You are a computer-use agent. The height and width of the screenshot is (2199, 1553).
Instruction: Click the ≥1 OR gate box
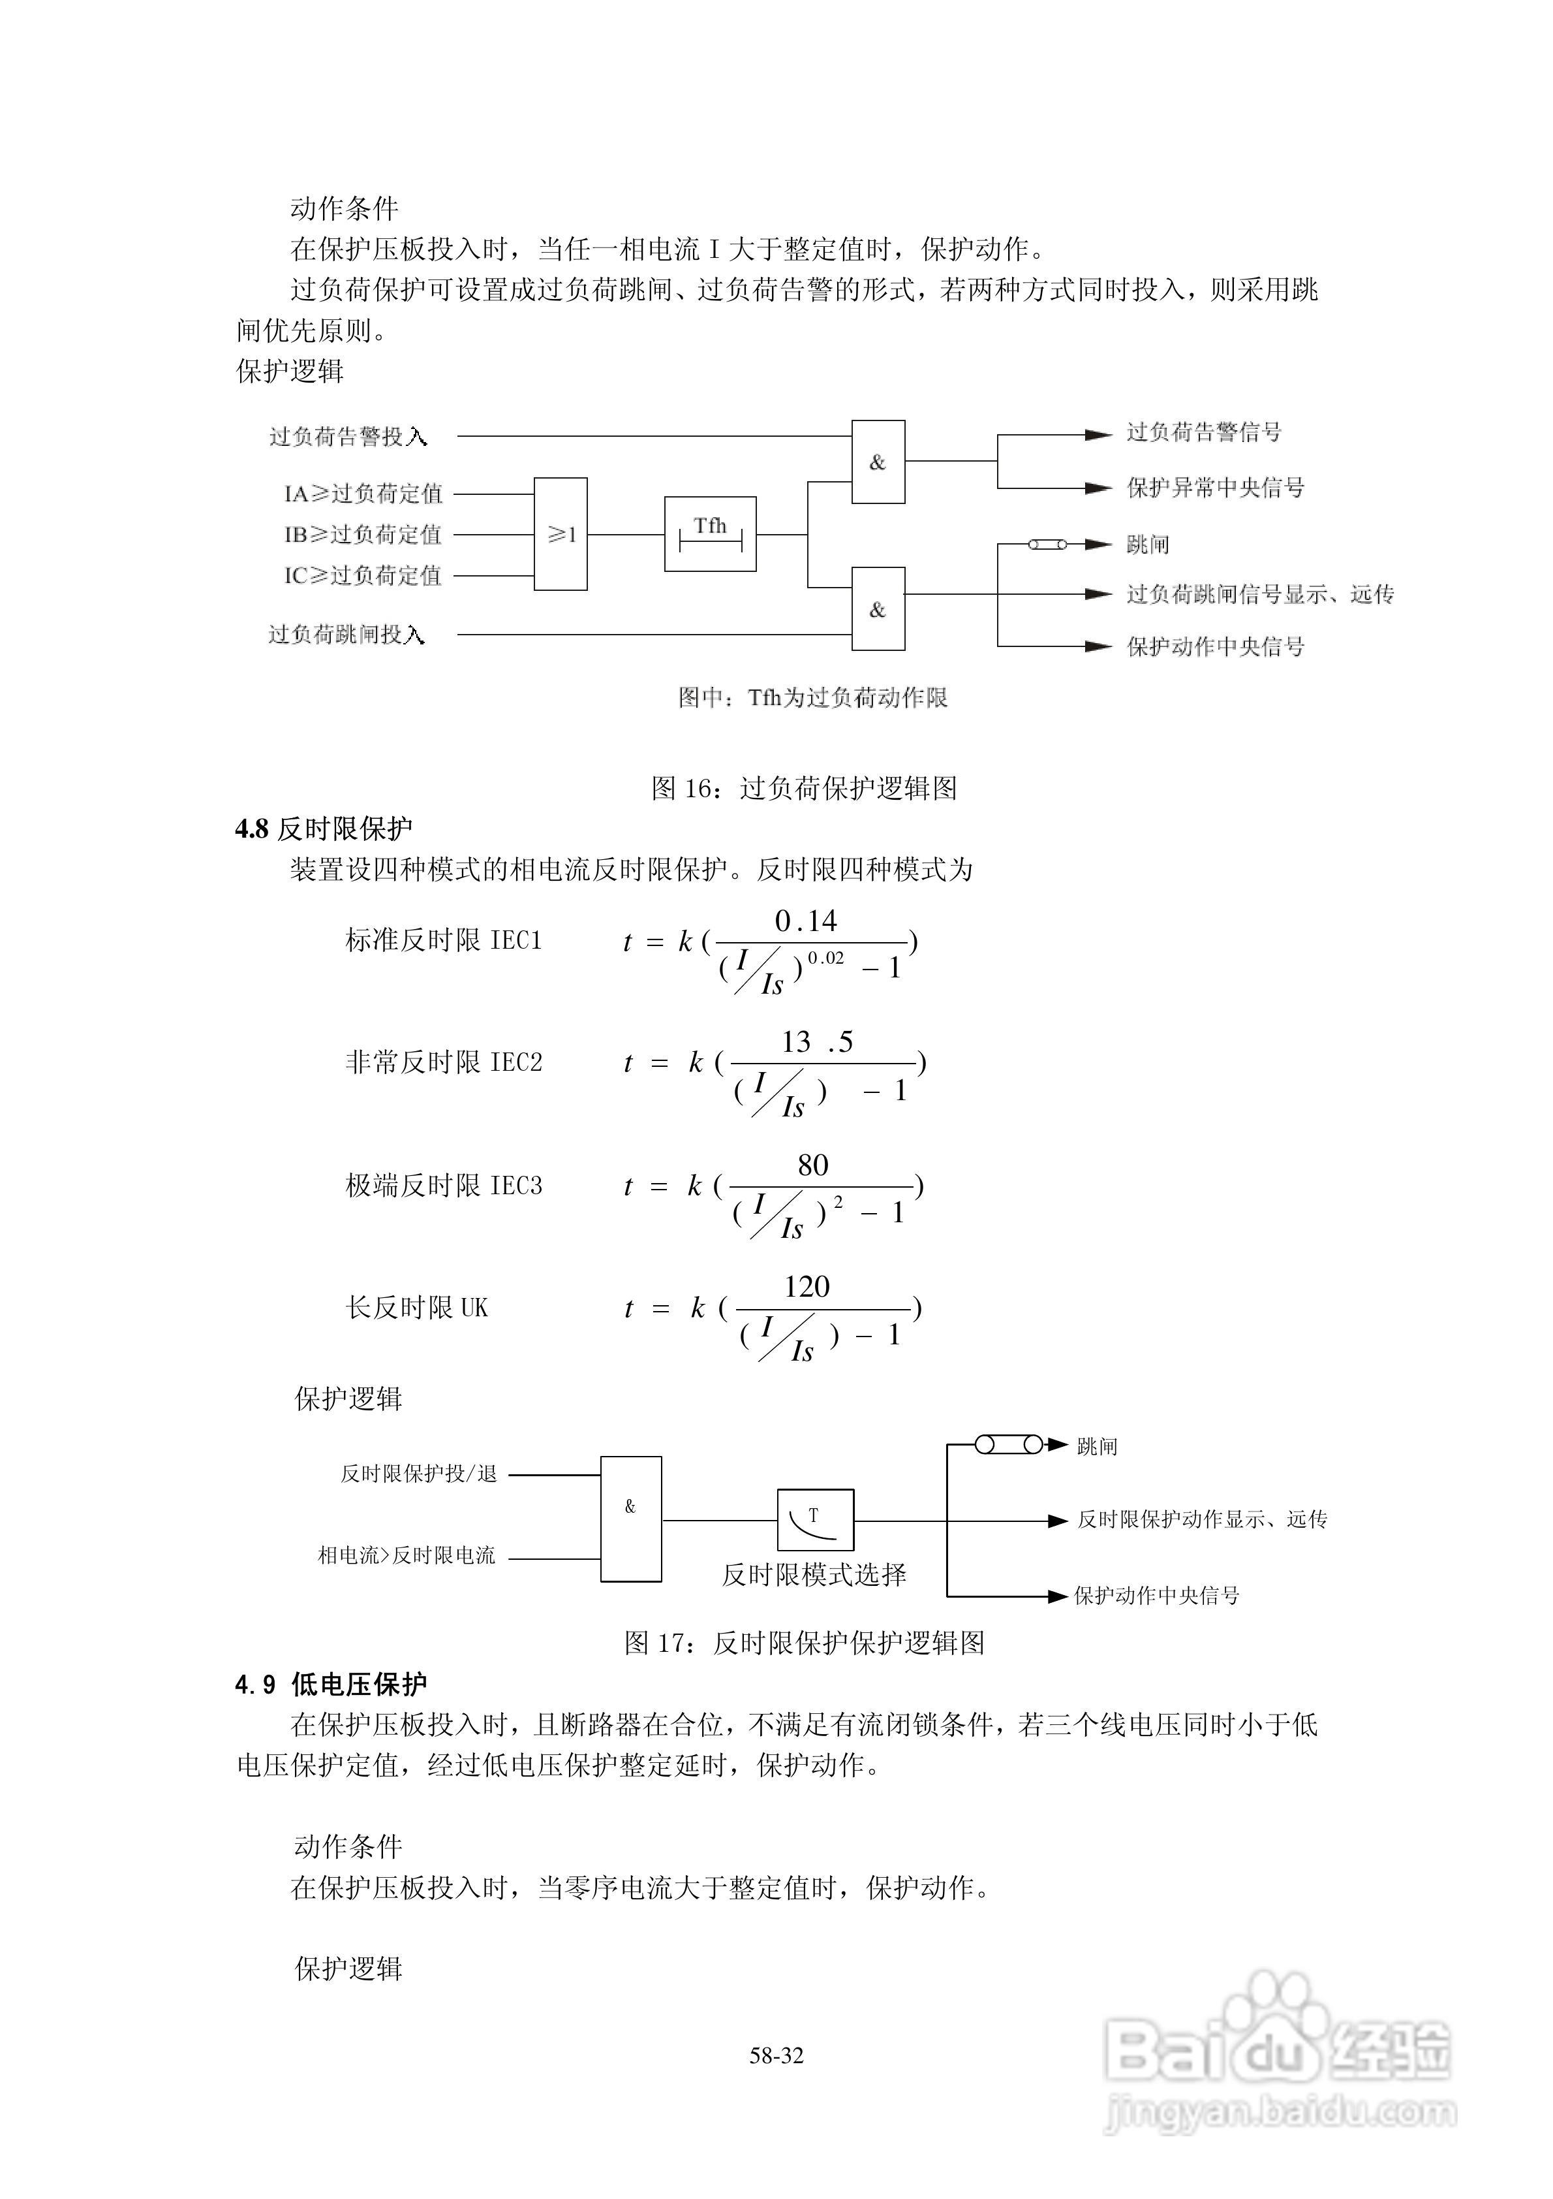560,533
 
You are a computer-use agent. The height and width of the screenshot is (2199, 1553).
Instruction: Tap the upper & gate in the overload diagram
878,462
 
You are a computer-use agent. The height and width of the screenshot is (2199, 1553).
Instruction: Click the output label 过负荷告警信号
1203,432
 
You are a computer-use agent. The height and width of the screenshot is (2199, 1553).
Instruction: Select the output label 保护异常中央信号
1215,488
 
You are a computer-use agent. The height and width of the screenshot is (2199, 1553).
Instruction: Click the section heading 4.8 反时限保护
324,829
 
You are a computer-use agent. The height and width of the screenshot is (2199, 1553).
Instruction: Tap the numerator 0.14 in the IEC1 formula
805,921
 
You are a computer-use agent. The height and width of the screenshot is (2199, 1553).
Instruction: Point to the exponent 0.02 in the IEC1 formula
825,958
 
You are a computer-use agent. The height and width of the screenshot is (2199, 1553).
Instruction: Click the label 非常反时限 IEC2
443,1062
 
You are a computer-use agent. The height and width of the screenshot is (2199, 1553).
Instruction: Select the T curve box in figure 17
815,1520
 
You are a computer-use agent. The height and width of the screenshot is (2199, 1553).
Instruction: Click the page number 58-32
776,2055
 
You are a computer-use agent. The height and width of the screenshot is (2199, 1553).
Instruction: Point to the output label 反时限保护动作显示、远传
1201,1519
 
